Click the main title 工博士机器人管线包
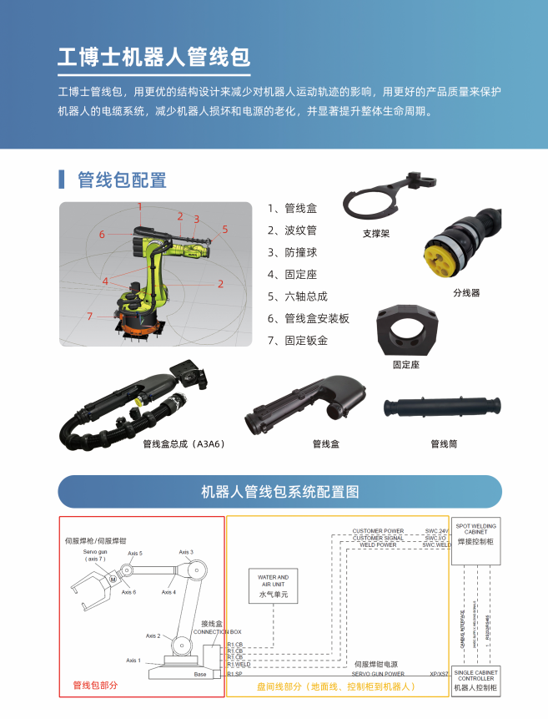pos(153,57)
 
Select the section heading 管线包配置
pos(122,180)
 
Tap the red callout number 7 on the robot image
pos(89,316)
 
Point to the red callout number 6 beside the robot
pos(102,235)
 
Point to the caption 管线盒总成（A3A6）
pos(184,444)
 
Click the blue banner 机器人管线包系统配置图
pos(279,492)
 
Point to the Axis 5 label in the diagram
pos(135,554)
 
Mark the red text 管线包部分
pos(95,686)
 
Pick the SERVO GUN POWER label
pos(378,673)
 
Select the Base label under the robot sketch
pos(200,674)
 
